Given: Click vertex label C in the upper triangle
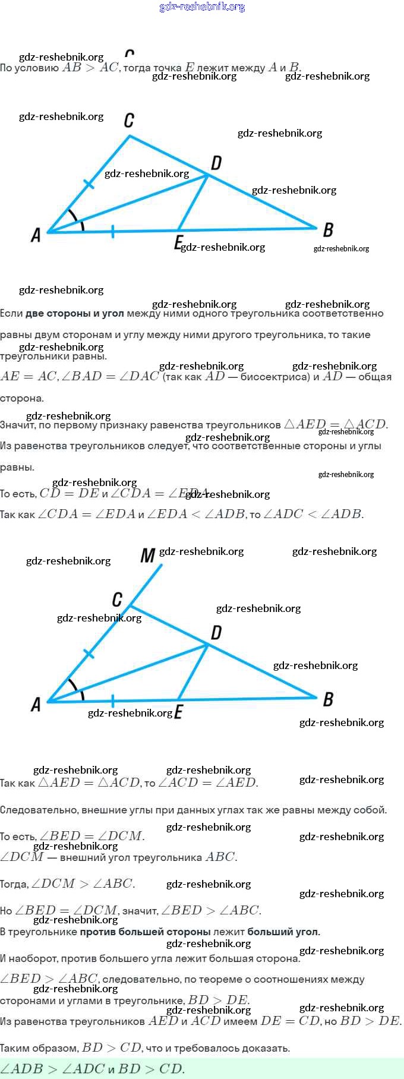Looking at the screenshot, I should point(129,121).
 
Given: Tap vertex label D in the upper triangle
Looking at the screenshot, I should point(216,162).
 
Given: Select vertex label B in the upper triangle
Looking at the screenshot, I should point(328,230).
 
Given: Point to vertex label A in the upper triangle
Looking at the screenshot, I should point(36,235).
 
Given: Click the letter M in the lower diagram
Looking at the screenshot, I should point(147,556).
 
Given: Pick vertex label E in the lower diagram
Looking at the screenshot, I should point(178,712).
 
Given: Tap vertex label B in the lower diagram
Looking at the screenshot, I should point(328,699).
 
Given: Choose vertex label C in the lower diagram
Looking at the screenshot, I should point(117,599).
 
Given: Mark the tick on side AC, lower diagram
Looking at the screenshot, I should point(89,654).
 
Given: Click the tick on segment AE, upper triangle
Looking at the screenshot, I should point(112,231).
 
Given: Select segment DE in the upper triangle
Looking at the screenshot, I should point(193,202).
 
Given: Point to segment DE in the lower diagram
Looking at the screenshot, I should point(193,671).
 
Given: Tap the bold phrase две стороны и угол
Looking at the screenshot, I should point(75,314).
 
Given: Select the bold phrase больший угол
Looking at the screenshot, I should point(283,932).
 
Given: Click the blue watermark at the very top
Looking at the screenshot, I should point(202,7).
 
